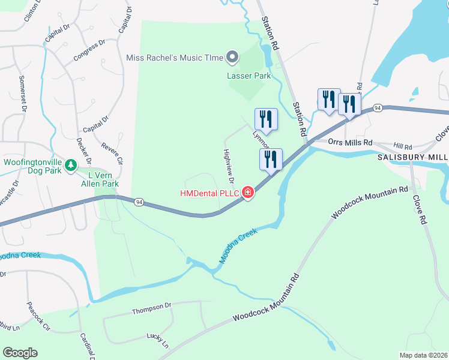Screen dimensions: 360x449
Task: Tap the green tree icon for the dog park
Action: [71, 164]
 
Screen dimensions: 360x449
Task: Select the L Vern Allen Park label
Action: [100, 179]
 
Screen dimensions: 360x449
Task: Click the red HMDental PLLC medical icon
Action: [248, 193]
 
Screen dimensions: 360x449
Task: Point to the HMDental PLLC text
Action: [210, 193]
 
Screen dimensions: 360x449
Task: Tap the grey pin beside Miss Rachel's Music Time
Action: [232, 58]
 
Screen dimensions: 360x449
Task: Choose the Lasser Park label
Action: [249, 76]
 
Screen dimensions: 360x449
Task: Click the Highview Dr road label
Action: [228, 166]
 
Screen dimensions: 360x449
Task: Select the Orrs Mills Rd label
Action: [351, 142]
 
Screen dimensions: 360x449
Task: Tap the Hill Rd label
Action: [403, 146]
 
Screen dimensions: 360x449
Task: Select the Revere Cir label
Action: [112, 153]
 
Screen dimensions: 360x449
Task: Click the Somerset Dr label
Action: [23, 94]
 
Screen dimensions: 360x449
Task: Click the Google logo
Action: [20, 352]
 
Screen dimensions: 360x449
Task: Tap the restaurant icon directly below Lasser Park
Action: [266, 118]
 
